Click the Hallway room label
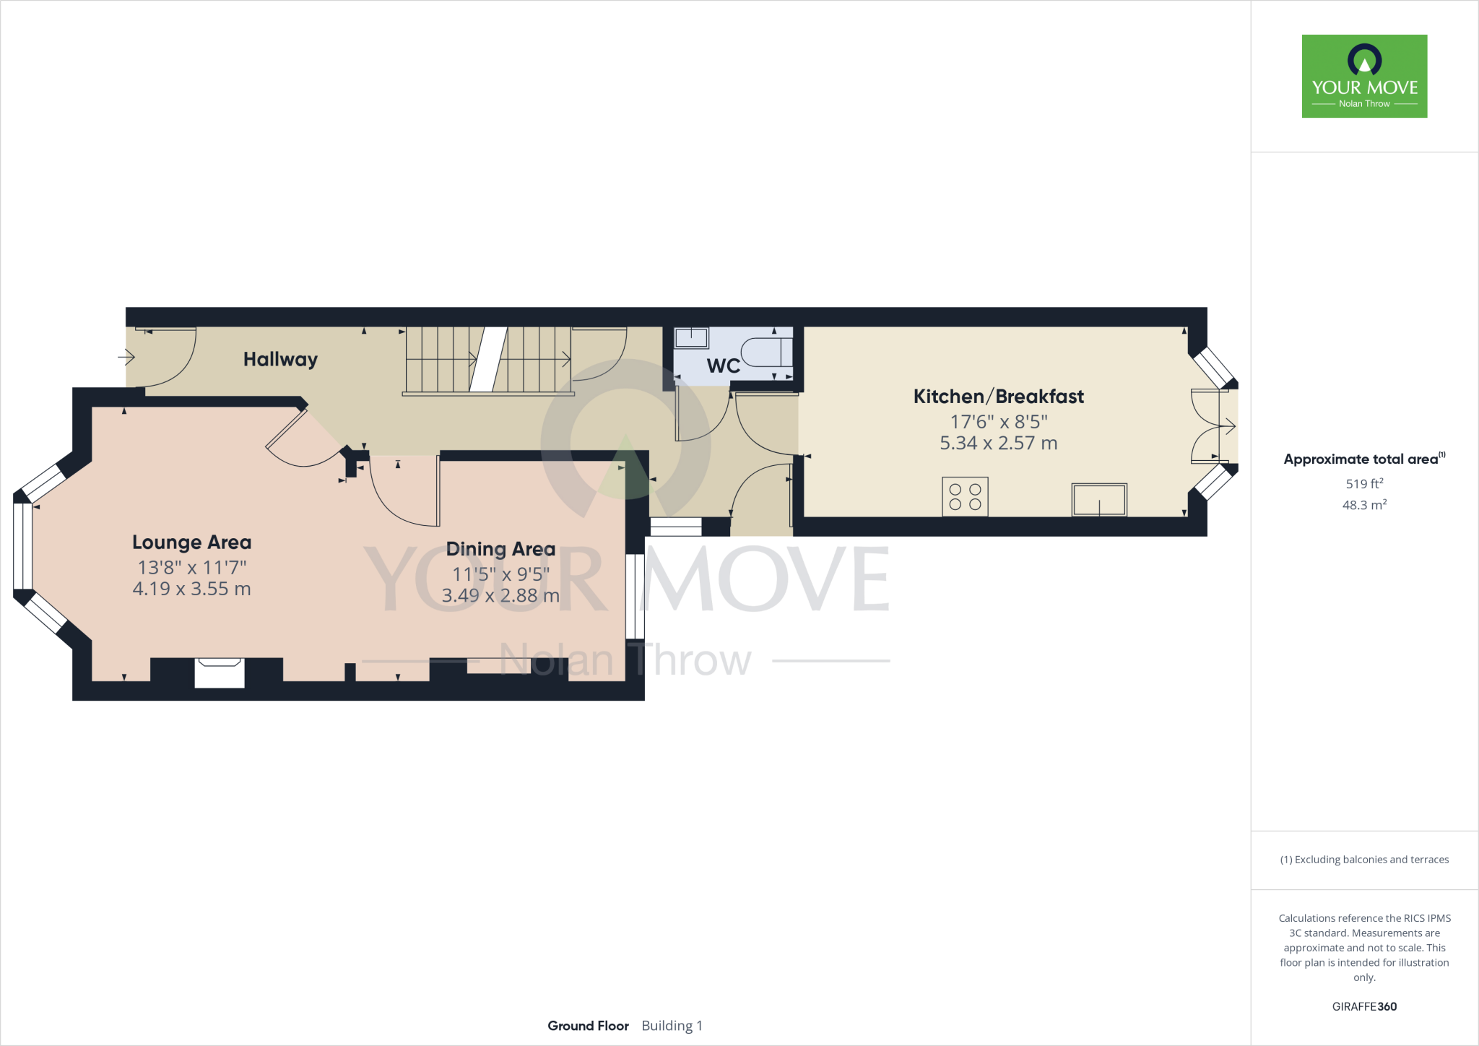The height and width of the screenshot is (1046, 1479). pyautogui.click(x=280, y=359)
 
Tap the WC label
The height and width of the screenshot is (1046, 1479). pyautogui.click(x=723, y=366)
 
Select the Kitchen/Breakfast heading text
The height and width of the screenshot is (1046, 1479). pyautogui.click(x=998, y=397)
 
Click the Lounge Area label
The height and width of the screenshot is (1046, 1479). pyautogui.click(x=191, y=543)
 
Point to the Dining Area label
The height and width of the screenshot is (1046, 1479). pyautogui.click(x=500, y=549)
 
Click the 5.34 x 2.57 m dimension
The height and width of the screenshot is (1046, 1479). pyautogui.click(x=998, y=443)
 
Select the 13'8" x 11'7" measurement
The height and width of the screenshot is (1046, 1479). pyautogui.click(x=191, y=567)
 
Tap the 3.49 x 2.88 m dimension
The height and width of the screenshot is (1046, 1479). pyautogui.click(x=500, y=595)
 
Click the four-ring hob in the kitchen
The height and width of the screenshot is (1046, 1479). pyautogui.click(x=965, y=497)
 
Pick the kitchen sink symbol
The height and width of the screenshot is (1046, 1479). pyautogui.click(x=1098, y=499)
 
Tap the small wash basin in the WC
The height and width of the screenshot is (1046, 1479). pyautogui.click(x=691, y=337)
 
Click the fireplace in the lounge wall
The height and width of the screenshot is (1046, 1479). pyautogui.click(x=220, y=672)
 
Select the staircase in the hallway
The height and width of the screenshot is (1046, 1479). pyautogui.click(x=488, y=359)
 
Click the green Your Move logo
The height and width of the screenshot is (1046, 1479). pyautogui.click(x=1364, y=76)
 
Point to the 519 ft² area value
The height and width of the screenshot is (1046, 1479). pyautogui.click(x=1364, y=483)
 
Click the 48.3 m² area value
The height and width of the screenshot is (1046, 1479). pyautogui.click(x=1364, y=504)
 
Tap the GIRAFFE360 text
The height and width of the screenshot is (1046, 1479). pyautogui.click(x=1364, y=1006)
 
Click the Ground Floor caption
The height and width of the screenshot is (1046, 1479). pyautogui.click(x=588, y=1026)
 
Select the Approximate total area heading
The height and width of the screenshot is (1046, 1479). pyautogui.click(x=1361, y=459)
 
